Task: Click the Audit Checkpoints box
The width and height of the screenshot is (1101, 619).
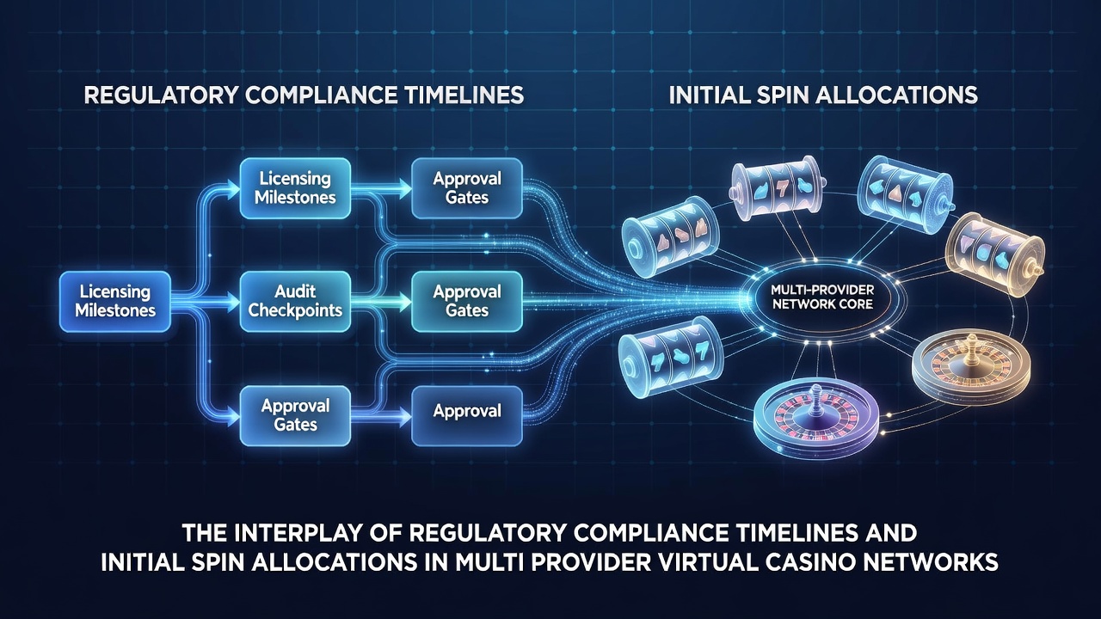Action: coord(295,301)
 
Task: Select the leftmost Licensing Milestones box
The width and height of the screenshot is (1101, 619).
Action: coord(115,301)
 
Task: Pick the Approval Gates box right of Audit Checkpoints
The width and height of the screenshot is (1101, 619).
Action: coord(466,301)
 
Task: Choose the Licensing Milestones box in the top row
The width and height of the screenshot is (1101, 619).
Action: coord(295,188)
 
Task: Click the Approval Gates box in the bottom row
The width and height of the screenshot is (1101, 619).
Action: coord(295,415)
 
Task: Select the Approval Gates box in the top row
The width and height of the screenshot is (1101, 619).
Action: coord(466,188)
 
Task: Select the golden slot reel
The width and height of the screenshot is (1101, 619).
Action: coord(993,254)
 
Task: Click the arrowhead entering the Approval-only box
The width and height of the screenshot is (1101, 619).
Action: coord(404,418)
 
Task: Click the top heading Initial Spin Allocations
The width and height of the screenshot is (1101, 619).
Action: coord(823,95)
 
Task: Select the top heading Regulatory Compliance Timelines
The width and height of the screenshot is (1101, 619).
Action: coord(304,95)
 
